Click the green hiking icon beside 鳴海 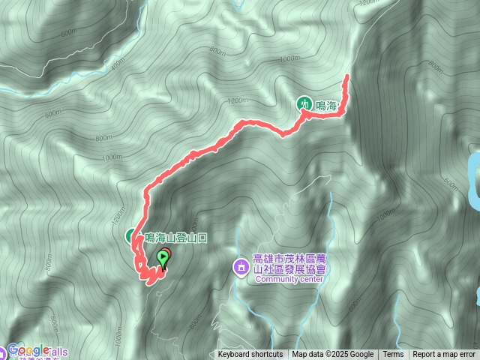coord(305,103)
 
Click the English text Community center coord(289,279)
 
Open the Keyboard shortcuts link coord(250,355)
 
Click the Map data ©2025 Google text coord(332,355)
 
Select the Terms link coord(393,355)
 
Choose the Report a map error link coord(444,355)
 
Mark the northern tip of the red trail coord(348,77)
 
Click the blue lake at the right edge coord(474,180)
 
